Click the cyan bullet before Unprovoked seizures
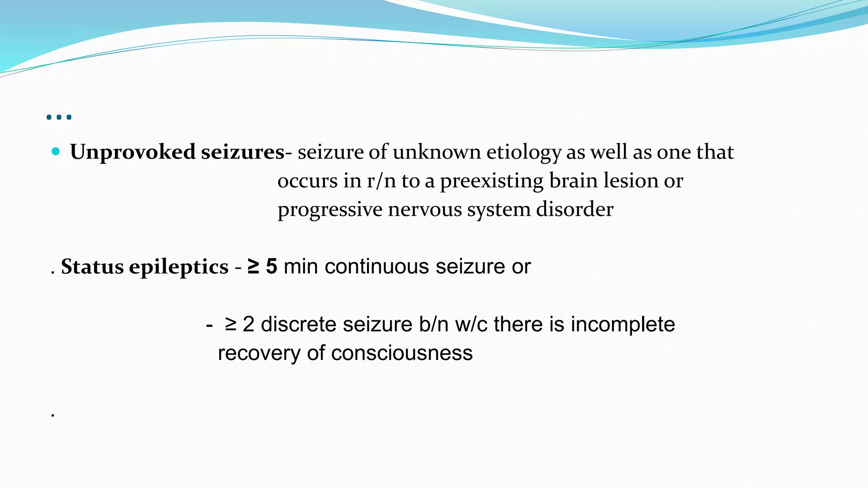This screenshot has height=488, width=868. (56, 152)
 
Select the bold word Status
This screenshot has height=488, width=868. (92, 267)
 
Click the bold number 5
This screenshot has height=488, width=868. (272, 267)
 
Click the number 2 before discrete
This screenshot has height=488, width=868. (248, 325)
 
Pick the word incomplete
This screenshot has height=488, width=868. (623, 325)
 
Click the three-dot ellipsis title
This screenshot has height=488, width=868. (59, 117)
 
